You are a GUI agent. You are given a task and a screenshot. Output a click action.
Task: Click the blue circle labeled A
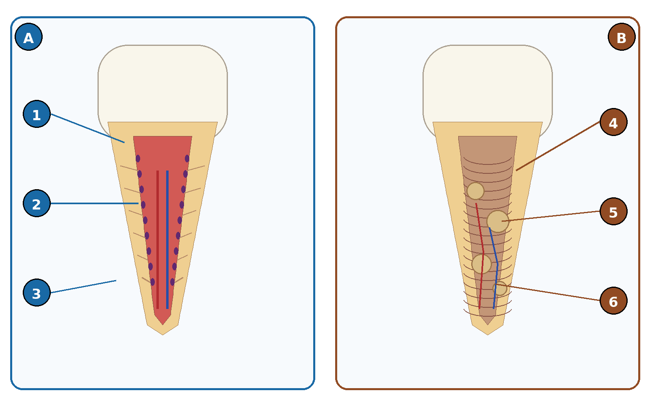click(28, 37)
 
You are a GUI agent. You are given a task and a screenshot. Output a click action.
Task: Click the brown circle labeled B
click(622, 37)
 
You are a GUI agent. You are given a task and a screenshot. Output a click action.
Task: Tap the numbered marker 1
click(37, 114)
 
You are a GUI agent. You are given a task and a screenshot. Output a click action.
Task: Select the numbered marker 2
click(37, 203)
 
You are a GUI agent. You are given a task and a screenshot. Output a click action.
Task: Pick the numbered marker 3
click(37, 293)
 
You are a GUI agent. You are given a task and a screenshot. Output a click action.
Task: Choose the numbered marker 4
click(613, 122)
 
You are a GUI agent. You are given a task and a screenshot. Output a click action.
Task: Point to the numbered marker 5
click(613, 212)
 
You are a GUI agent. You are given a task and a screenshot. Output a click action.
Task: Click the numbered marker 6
click(613, 301)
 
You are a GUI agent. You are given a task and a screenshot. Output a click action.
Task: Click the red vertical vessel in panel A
click(158, 240)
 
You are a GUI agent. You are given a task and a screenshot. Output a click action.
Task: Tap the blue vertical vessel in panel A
click(167, 240)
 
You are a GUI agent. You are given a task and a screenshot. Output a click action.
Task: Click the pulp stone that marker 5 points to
click(498, 222)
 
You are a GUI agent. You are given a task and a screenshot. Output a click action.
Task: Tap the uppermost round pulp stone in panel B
click(476, 191)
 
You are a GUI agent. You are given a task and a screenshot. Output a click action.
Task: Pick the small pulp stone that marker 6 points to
click(500, 288)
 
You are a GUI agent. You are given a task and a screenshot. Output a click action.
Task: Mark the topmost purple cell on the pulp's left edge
click(138, 159)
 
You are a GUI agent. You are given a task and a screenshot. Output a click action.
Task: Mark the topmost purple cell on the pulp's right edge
click(187, 159)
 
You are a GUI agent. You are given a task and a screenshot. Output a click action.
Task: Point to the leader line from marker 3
click(83, 287)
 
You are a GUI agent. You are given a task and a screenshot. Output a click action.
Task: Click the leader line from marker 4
click(558, 146)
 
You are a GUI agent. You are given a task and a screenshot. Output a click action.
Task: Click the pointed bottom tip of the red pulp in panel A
click(163, 324)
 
